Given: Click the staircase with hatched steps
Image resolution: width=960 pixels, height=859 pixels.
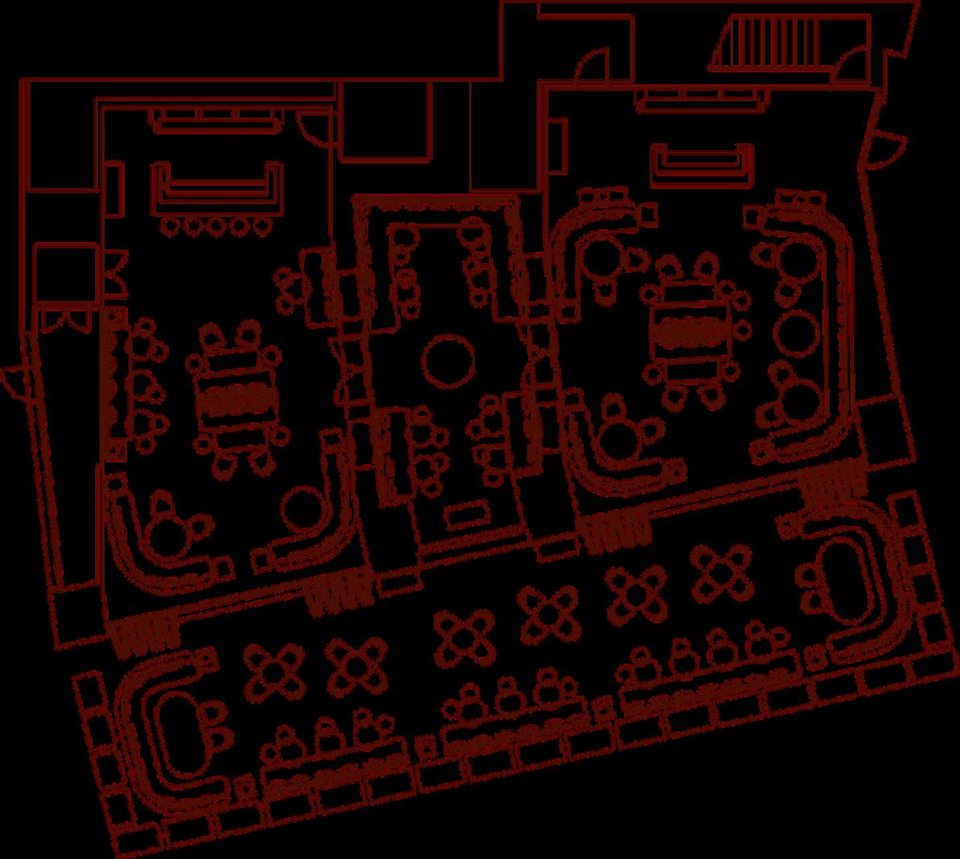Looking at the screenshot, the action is click(773, 43).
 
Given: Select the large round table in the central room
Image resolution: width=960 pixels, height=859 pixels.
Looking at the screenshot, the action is click(449, 360).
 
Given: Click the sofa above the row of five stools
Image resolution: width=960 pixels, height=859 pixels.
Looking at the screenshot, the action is click(216, 187).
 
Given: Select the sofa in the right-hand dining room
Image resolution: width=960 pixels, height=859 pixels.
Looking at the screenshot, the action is click(701, 164).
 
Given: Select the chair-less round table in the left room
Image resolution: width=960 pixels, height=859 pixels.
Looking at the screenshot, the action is click(303, 507).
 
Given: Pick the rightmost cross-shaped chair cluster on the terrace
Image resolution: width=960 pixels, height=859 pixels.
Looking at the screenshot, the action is click(721, 570).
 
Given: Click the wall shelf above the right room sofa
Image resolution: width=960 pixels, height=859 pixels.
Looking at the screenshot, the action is click(700, 100).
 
